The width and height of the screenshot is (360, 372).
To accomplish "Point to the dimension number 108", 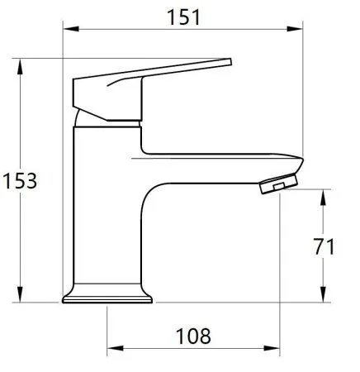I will (193, 336).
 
